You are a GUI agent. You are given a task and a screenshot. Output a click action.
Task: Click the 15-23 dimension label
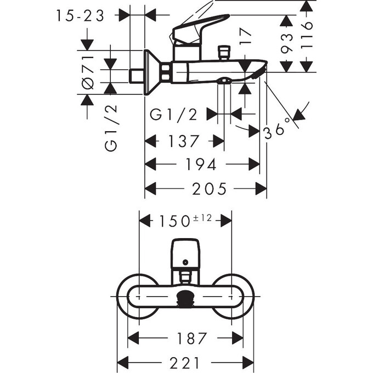click(x=80, y=16)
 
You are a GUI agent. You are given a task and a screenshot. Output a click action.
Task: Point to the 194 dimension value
click(x=201, y=164)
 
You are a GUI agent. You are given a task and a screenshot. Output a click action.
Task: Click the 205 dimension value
click(x=209, y=189)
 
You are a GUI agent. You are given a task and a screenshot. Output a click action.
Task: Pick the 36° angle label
click(x=276, y=129)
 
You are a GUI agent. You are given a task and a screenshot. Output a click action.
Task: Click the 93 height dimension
click(x=285, y=41)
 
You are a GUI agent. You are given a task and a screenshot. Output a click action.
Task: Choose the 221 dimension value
click(x=185, y=363)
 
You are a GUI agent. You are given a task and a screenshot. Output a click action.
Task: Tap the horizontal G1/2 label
click(x=173, y=114)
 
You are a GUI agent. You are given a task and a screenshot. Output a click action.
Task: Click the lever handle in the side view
click(x=200, y=27)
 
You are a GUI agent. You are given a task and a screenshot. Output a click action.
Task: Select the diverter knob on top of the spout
click(x=223, y=54)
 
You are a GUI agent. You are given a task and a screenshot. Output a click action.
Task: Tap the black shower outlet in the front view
click(x=185, y=299)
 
